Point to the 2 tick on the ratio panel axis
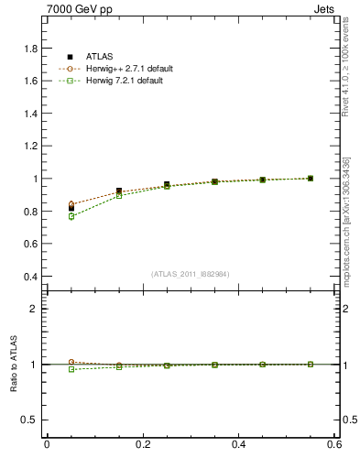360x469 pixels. click(x=35, y=309)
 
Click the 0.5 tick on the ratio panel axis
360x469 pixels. click(x=31, y=420)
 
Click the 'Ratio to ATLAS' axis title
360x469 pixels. click(x=13, y=365)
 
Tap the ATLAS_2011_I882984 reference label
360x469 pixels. click(x=191, y=274)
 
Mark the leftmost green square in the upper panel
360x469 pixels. click(x=71, y=216)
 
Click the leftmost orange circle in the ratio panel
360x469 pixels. click(x=71, y=362)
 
